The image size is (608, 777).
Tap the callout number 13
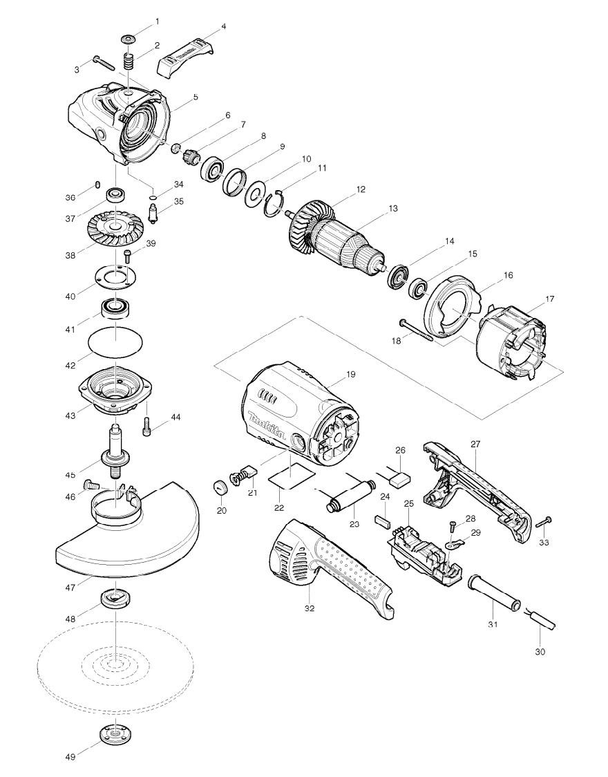(x=393, y=208)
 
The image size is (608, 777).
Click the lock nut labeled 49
(x=113, y=733)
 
